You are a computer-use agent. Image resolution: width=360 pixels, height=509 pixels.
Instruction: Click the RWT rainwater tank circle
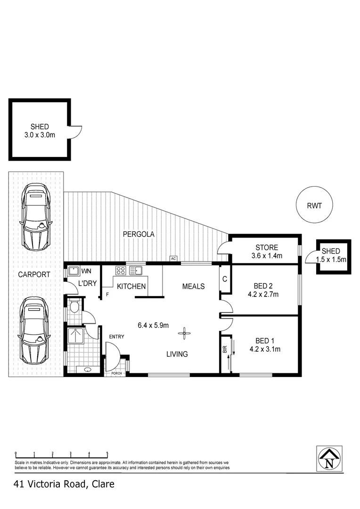[314, 205]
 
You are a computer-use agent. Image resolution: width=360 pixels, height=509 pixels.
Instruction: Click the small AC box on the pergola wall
[173, 259]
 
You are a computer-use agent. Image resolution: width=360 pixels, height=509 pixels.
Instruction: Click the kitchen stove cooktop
[121, 271]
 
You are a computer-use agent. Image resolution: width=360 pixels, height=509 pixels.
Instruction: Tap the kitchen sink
[136, 271]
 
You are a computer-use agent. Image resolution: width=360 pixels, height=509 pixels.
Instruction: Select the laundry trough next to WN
[74, 271]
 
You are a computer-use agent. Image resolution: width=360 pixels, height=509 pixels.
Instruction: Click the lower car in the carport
[34, 330]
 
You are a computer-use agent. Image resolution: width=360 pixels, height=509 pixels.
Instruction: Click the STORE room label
[267, 247]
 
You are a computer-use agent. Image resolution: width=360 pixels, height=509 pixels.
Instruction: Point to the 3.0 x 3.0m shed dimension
[40, 135]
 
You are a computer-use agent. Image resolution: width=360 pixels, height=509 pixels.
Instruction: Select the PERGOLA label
[139, 234]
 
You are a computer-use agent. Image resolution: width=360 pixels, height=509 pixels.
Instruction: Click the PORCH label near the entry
[116, 373]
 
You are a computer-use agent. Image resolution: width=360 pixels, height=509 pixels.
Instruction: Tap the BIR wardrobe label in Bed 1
[225, 350]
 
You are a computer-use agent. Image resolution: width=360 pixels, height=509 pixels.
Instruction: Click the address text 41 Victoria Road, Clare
[64, 484]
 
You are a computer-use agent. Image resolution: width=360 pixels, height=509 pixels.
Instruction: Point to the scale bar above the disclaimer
[62, 453]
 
